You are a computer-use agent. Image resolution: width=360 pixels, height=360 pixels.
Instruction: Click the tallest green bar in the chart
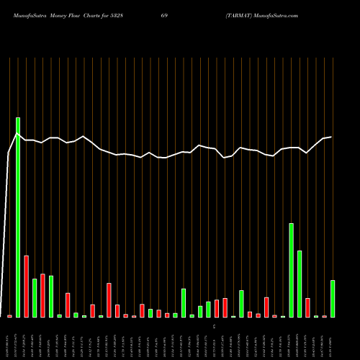point(18,217)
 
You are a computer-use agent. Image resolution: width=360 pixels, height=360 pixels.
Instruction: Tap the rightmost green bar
point(333,299)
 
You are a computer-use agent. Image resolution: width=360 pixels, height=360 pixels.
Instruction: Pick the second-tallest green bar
point(292,270)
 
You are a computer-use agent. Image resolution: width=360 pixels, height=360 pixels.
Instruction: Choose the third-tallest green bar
point(300,284)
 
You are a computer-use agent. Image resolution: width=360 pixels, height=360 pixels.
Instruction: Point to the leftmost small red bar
point(10,316)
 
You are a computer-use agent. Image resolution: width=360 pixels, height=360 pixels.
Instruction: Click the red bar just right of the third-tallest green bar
point(307,307)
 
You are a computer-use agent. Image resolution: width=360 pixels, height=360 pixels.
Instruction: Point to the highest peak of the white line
point(17,134)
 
